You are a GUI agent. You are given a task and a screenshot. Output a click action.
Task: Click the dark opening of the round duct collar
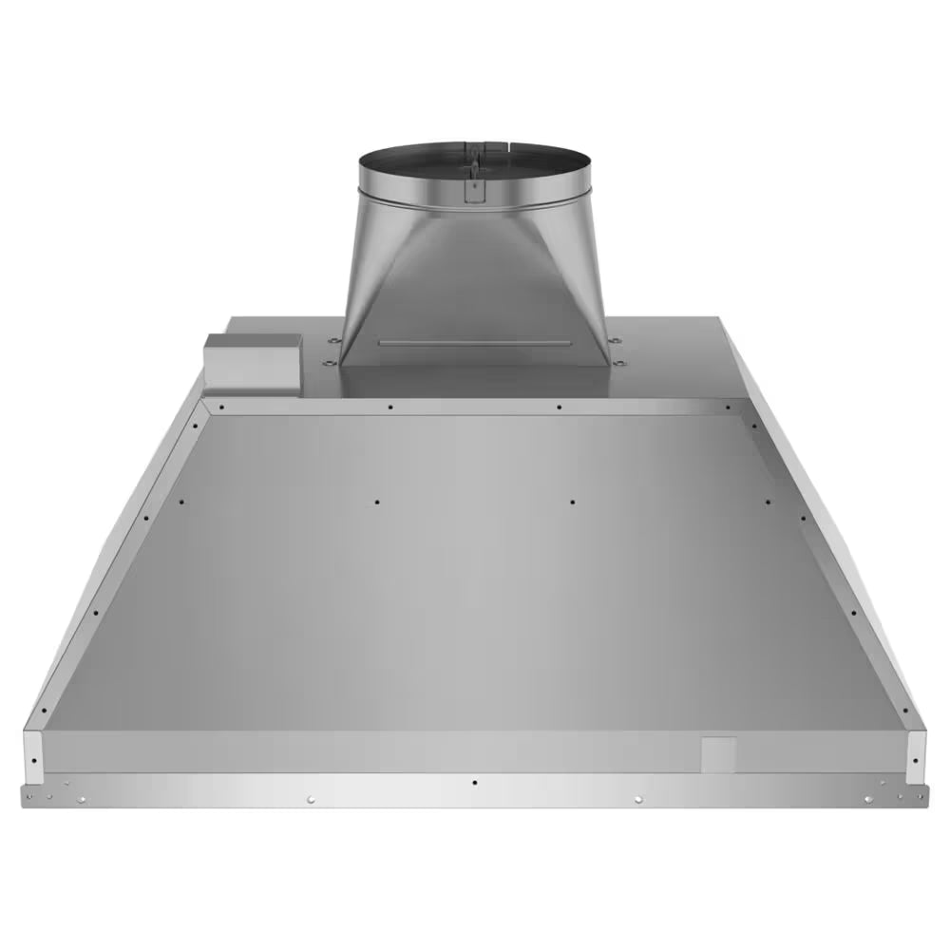click(x=475, y=157)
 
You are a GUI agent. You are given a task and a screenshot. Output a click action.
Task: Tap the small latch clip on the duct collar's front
click(x=472, y=187)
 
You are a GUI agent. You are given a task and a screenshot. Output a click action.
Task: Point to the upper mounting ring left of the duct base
click(x=332, y=340)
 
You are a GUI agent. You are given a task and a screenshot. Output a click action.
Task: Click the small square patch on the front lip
click(x=719, y=752)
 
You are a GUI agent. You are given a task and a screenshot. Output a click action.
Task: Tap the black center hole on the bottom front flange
click(x=474, y=783)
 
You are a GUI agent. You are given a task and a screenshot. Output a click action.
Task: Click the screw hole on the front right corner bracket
click(x=915, y=760)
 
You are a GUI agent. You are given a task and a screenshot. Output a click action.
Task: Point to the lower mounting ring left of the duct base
click(x=328, y=361)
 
